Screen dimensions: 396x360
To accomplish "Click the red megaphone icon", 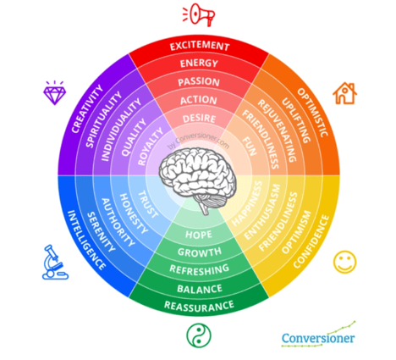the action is pos(199,14).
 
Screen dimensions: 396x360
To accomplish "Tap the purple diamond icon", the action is pos(55,93).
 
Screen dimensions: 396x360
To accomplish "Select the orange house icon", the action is pos(344,93).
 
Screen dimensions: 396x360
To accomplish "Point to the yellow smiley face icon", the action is pos(344,262).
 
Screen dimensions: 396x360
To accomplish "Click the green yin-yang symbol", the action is pos(199,335).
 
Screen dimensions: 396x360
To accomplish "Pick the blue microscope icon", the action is pos(55,263).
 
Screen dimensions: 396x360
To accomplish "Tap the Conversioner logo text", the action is pos(318,338).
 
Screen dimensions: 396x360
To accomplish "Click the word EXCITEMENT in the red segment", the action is pos(200,46).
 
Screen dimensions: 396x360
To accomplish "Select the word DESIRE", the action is pos(199,119).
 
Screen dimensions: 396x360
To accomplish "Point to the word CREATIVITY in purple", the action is pos(87,108).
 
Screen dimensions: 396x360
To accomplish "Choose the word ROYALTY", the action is pos(151,147).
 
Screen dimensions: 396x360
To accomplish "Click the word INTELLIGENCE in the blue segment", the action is pos(86,240).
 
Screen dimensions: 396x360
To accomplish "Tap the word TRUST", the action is pos(148,204).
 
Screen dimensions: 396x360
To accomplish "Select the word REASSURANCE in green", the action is pos(199,307).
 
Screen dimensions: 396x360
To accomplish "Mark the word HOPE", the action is pos(199,235).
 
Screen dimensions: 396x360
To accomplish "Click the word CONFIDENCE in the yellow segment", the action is pos(311,241).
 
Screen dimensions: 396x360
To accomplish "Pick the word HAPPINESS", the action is pos(247,203).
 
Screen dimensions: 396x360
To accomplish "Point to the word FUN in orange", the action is pos(250,147).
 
